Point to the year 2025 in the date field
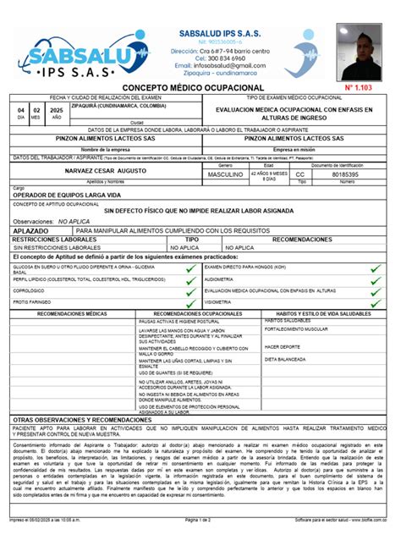click(x=58, y=111)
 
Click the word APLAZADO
click(x=31, y=229)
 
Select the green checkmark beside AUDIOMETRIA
click(x=378, y=279)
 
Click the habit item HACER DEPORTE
click(x=283, y=347)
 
